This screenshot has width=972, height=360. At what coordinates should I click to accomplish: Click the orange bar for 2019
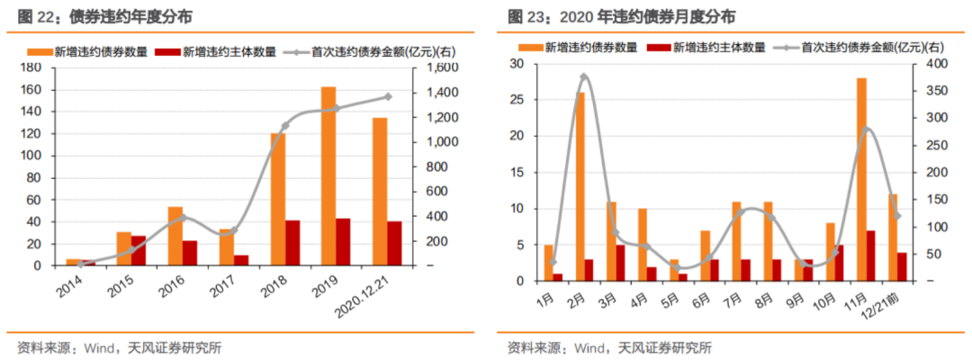pos(328,176)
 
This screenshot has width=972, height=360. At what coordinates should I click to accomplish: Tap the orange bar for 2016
pos(175,236)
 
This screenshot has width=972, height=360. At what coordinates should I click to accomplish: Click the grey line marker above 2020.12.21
pos(388,96)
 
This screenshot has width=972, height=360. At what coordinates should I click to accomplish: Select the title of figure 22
pos(99,17)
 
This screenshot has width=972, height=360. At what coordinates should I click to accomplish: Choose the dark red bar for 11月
pos(870,256)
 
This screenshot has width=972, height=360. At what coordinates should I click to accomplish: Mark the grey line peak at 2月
pos(584,77)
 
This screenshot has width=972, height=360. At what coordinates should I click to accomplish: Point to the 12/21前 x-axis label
pos(884,300)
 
